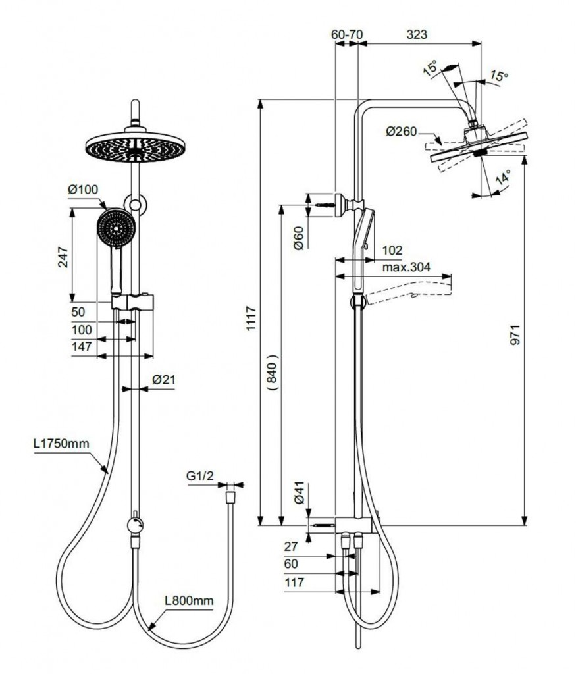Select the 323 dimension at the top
pyautogui.click(x=417, y=34)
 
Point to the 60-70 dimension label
pyautogui.click(x=347, y=34)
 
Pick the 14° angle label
pyautogui.click(x=504, y=178)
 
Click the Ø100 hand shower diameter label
pyautogui.click(x=83, y=190)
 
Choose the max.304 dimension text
pyautogui.click(x=406, y=267)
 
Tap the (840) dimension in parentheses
pyautogui.click(x=274, y=373)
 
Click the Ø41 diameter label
pyautogui.click(x=298, y=493)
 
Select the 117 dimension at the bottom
pyautogui.click(x=295, y=582)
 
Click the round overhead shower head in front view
pyautogui.click(x=134, y=145)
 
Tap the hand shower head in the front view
pyautogui.click(x=117, y=228)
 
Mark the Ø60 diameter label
pyautogui.click(x=298, y=237)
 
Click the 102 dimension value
pyautogui.click(x=392, y=250)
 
